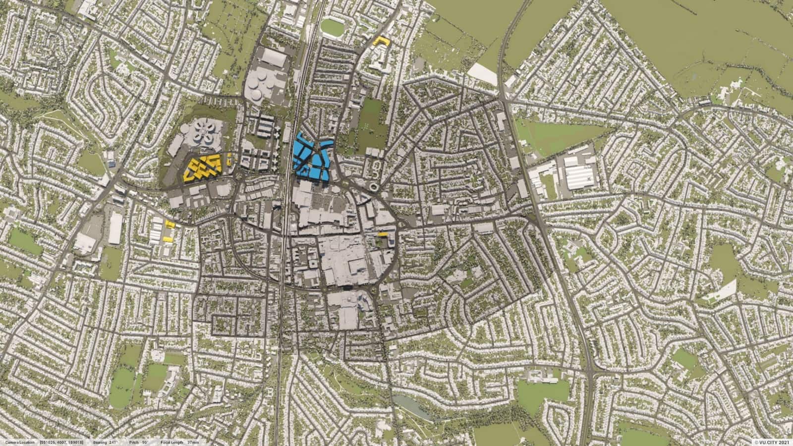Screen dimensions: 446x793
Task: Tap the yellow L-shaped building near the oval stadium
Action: click(x=381, y=41)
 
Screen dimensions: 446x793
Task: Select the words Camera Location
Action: click(x=18, y=442)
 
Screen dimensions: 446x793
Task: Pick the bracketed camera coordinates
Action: click(x=61, y=442)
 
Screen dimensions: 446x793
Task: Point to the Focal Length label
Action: click(x=171, y=442)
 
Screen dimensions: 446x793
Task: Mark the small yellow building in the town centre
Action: click(x=383, y=234)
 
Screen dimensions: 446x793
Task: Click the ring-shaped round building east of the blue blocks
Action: click(x=372, y=186)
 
